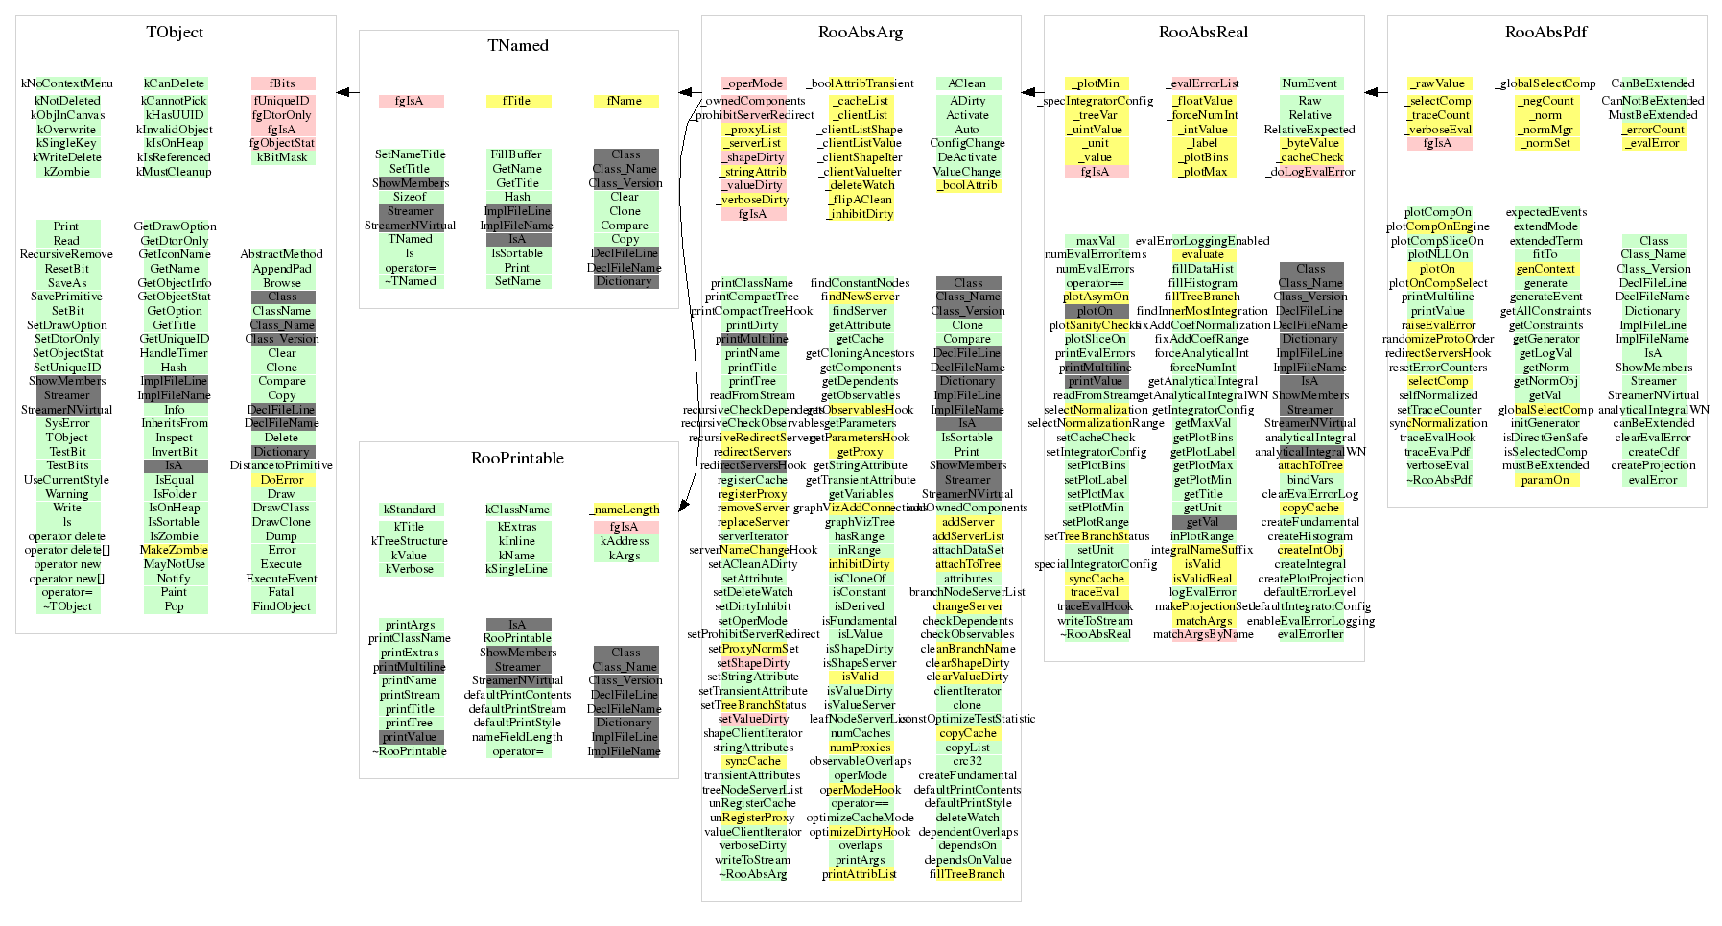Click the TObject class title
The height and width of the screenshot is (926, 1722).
click(175, 33)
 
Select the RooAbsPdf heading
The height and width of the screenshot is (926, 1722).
click(1545, 33)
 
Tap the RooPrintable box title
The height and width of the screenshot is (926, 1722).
click(517, 459)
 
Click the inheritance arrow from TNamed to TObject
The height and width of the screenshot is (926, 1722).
click(347, 92)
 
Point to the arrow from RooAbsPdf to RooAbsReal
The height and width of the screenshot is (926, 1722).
click(1376, 92)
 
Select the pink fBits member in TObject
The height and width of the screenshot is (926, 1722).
click(282, 83)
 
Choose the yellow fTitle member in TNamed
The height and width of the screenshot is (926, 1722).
click(517, 101)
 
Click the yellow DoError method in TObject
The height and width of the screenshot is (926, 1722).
click(282, 480)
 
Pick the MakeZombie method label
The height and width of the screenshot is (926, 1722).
click(174, 550)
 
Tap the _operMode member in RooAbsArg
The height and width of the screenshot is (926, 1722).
click(753, 83)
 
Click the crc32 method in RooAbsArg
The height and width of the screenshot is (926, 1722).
click(967, 761)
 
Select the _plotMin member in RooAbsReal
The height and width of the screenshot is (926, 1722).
click(1097, 83)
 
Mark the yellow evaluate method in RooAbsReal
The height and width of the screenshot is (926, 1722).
click(1203, 254)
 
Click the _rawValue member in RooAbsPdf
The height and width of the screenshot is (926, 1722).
click(1439, 83)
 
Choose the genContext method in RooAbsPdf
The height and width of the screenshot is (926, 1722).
click(1545, 269)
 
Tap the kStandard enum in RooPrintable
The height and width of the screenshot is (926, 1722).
click(410, 510)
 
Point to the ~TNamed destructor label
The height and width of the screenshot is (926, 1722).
click(411, 281)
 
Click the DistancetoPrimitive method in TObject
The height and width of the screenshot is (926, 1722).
click(281, 465)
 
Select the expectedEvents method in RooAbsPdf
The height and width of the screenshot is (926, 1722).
click(1545, 212)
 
